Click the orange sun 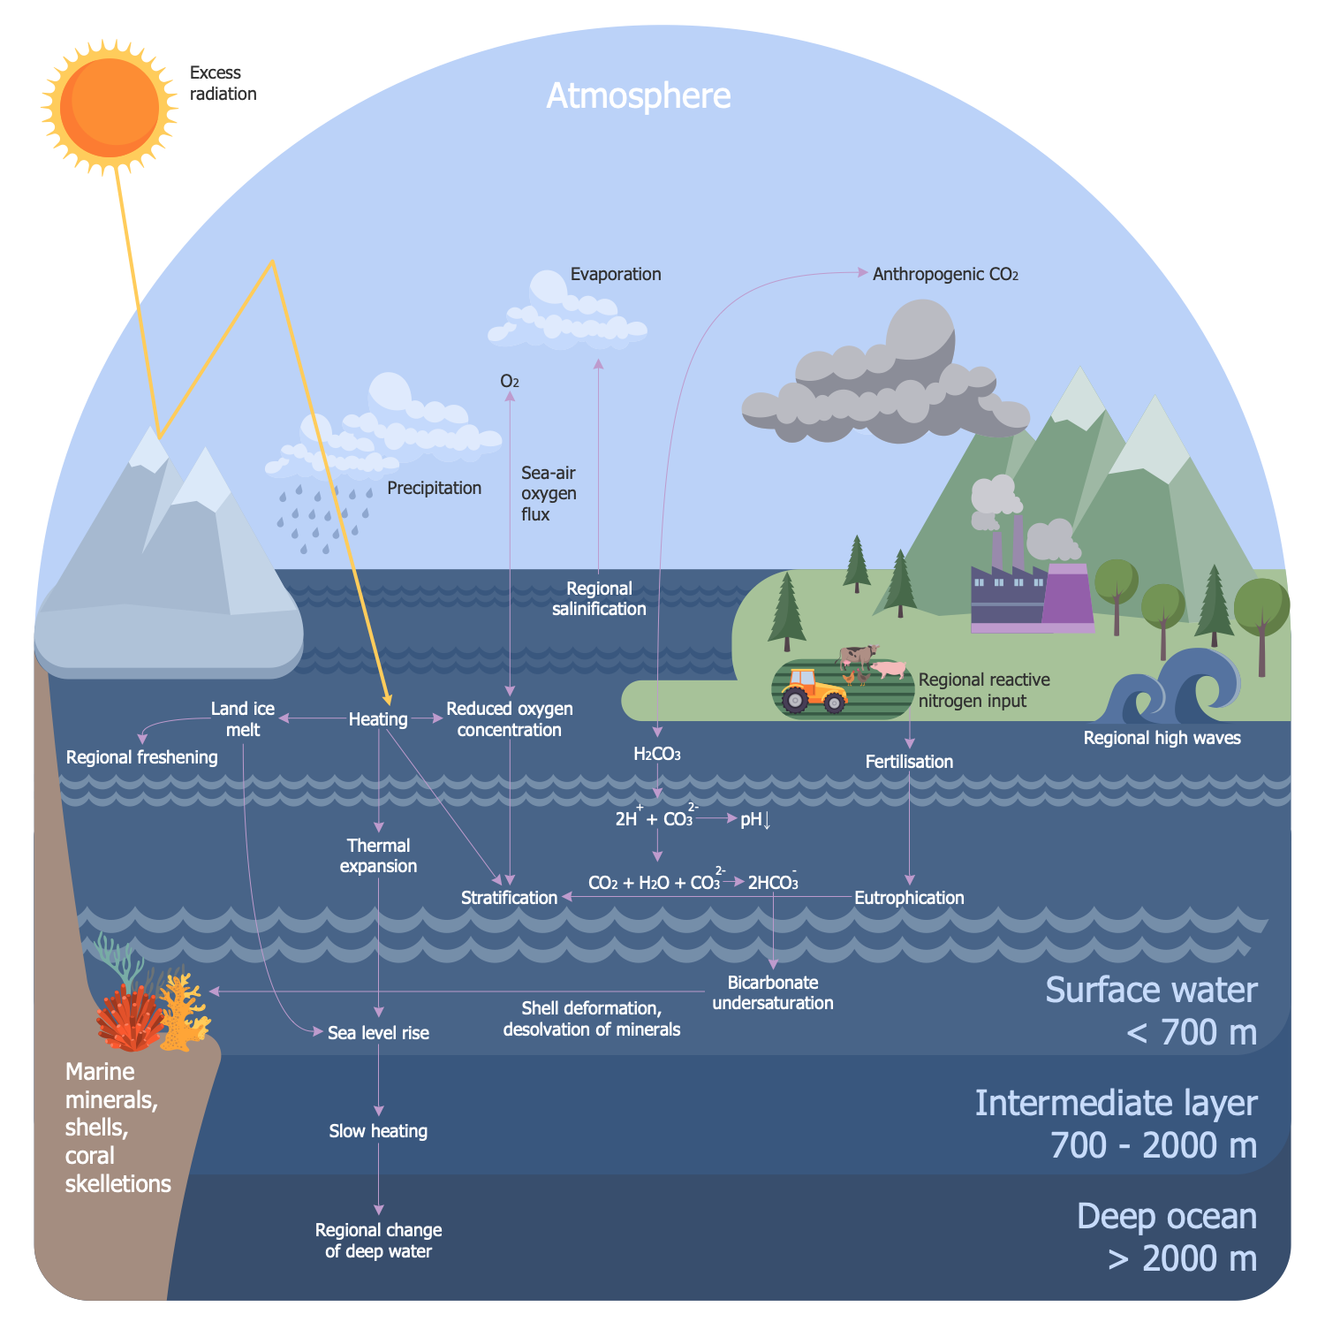(x=110, y=106)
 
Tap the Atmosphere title (x=639, y=95)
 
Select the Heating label (x=378, y=719)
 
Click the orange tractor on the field (x=813, y=691)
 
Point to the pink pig (x=890, y=670)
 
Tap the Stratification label (x=509, y=898)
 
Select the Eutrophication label (x=909, y=898)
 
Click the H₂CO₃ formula (x=657, y=754)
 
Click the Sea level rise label (x=378, y=1033)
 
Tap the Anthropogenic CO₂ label (x=945, y=275)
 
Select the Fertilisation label (x=909, y=762)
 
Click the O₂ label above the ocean (x=510, y=382)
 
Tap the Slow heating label (x=378, y=1131)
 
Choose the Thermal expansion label (x=378, y=855)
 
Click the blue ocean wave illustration (x=1175, y=685)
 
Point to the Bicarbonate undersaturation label (x=773, y=992)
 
